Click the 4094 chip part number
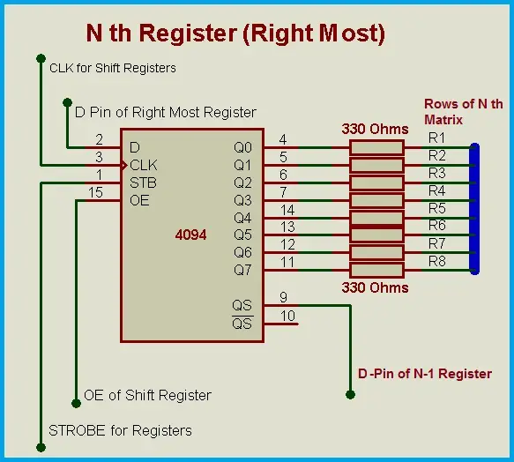(190, 235)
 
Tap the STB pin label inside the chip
(143, 183)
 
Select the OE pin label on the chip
(139, 200)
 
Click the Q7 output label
(242, 270)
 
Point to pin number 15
(95, 192)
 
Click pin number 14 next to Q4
(287, 210)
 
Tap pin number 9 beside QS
(284, 297)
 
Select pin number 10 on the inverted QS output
(287, 316)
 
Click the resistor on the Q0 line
(376, 147)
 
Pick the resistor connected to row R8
(376, 270)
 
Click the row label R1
(436, 138)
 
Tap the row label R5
(437, 208)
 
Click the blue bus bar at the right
(474, 209)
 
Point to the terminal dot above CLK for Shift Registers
(41, 59)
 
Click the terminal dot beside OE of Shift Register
(76, 403)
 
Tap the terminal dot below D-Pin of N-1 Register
(350, 394)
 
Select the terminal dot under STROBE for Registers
(41, 447)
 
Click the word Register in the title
(188, 34)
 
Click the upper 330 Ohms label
(375, 129)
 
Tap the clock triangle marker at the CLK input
(124, 166)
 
